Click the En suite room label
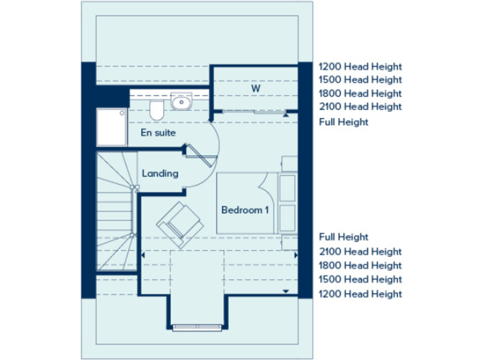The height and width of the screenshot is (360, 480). click(157, 133)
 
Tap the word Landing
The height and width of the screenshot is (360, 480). click(160, 173)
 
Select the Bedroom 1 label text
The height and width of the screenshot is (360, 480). click(245, 210)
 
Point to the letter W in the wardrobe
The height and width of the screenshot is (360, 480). click(256, 89)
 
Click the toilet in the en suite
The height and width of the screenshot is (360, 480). click(157, 111)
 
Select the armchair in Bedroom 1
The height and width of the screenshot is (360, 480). click(179, 220)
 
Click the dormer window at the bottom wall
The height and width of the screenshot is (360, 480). click(196, 326)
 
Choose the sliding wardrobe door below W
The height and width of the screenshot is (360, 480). click(252, 111)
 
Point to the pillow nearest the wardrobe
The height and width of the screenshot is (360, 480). click(287, 187)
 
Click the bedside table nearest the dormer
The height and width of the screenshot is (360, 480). click(289, 242)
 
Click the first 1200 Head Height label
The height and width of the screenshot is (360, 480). click(360, 66)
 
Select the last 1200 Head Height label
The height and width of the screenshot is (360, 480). click(360, 294)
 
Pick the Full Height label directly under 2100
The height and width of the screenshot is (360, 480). click(344, 122)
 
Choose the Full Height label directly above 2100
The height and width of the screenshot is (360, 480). click(344, 237)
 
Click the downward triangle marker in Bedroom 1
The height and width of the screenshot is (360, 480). click(286, 291)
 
